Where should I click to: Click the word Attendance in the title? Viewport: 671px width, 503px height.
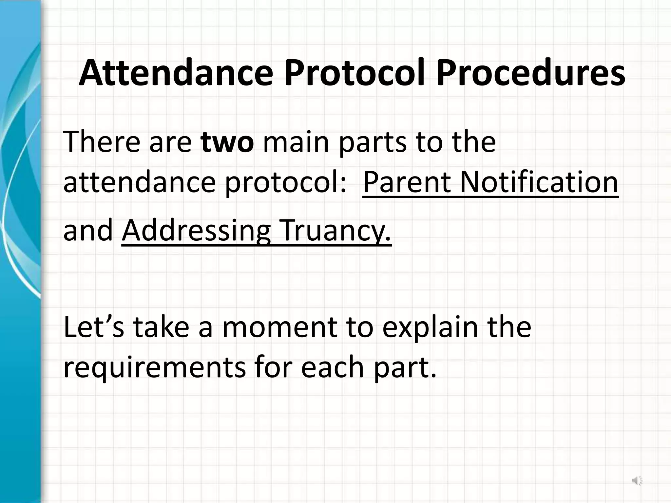[x=176, y=73]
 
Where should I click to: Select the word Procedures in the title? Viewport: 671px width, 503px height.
[x=530, y=73]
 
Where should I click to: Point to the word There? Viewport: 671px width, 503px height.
[x=103, y=142]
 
